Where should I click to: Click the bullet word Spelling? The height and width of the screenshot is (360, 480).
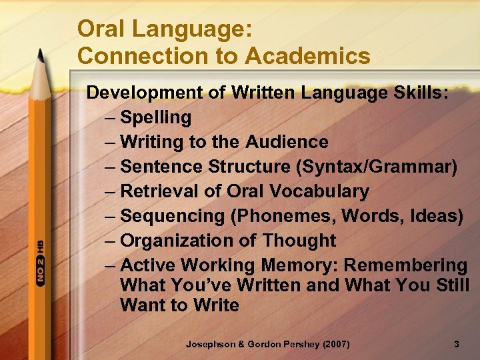click(x=155, y=118)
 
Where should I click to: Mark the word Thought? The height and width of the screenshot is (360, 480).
click(x=299, y=241)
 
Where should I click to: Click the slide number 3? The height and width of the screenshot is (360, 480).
click(x=456, y=345)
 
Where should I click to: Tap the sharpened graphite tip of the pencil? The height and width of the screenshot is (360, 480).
click(x=40, y=53)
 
